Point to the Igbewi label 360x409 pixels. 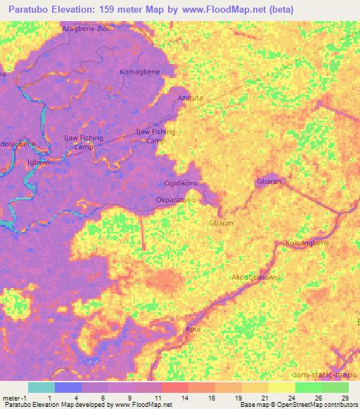click(38, 162)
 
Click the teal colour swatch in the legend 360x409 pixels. click(41, 387)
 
